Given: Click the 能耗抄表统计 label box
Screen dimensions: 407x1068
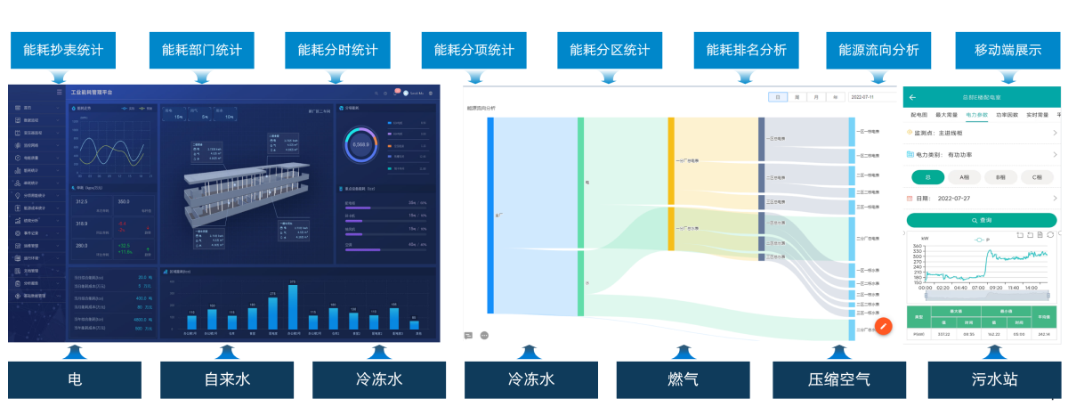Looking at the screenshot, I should [64, 51].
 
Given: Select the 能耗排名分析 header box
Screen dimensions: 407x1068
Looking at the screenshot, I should [746, 51].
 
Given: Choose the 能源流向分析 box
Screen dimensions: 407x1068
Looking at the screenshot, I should [878, 51].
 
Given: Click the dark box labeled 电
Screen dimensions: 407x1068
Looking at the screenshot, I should [75, 379].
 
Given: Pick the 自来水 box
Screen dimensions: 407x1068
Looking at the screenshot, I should [227, 379].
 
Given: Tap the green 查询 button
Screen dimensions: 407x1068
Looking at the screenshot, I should [982, 219].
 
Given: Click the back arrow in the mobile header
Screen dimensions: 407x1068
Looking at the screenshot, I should [912, 97].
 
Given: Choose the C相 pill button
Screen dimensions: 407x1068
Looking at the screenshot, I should [1036, 176].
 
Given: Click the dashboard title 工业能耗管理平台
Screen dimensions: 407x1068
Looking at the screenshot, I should [93, 92].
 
